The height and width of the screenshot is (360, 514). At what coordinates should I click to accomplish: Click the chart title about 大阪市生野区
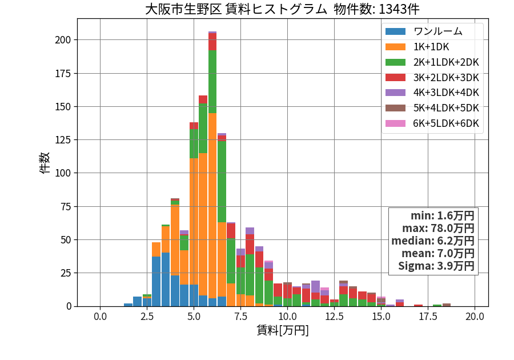282,9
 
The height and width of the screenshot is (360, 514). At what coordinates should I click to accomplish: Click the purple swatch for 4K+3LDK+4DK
395,93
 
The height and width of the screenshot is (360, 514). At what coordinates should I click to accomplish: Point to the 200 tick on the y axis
63,40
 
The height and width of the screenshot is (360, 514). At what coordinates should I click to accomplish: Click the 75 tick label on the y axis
66,206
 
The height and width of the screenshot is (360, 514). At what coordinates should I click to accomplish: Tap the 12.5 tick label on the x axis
334,317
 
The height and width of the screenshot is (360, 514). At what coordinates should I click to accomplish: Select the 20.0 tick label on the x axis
475,317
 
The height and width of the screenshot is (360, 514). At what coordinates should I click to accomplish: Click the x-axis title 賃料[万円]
283,330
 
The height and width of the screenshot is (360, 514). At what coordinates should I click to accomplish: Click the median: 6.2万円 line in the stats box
433,241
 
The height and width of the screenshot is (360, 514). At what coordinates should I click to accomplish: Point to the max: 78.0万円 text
438,228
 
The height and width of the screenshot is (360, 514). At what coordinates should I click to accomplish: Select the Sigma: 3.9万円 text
436,266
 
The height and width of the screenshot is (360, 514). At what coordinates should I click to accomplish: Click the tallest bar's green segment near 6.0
212,82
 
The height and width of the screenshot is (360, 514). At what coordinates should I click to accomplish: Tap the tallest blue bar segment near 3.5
166,279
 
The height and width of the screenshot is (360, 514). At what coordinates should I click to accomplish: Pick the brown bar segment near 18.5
447,305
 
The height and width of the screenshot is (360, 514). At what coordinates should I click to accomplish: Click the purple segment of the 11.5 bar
315,287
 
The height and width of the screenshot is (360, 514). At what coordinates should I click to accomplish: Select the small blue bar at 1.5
128,305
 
